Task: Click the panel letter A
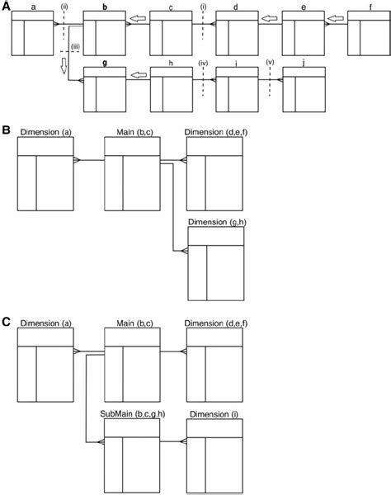5,6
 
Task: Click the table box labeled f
369,32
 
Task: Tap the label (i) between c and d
203,7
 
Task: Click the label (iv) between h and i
203,65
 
